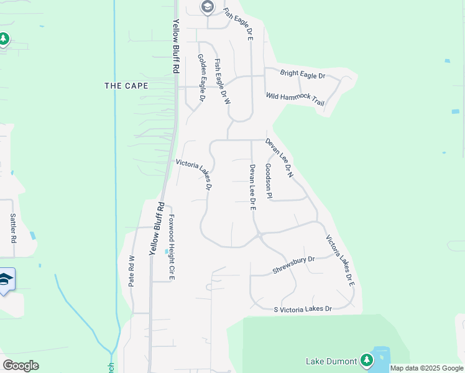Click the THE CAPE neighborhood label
tap(126, 86)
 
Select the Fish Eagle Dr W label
tap(223, 81)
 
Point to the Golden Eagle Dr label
tap(201, 77)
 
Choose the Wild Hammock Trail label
tap(295, 99)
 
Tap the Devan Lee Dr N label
tap(279, 158)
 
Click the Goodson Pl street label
tap(269, 182)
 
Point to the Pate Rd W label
tap(132, 271)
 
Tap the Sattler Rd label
tap(13, 228)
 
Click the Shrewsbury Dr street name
tap(294, 265)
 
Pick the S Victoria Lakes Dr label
tap(303, 309)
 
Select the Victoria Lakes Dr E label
tap(341, 260)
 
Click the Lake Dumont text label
tap(331, 361)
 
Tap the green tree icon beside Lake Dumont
tap(366, 360)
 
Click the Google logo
tap(21, 366)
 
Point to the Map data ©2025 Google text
tap(427, 368)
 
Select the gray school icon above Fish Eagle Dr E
tap(207, 7)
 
